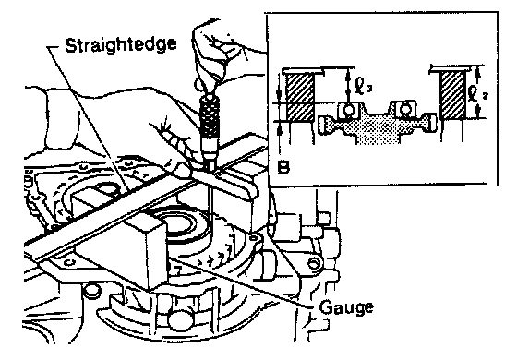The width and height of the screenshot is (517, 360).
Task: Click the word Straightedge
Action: pos(120,45)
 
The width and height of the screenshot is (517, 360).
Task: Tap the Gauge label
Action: pos(346,308)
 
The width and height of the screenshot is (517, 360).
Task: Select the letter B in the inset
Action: pos(283,167)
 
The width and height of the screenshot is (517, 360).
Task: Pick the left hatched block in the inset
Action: pos(299,97)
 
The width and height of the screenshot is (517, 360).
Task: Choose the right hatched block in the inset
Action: pos(453,96)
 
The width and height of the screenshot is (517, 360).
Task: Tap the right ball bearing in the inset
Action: pos(403,109)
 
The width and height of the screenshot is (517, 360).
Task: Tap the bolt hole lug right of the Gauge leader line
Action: pos(313,262)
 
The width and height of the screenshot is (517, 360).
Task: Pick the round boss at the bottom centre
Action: pos(177,319)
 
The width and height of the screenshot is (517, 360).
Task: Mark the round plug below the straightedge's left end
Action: pos(91,291)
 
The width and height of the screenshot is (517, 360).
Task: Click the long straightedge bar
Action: pos(145,201)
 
